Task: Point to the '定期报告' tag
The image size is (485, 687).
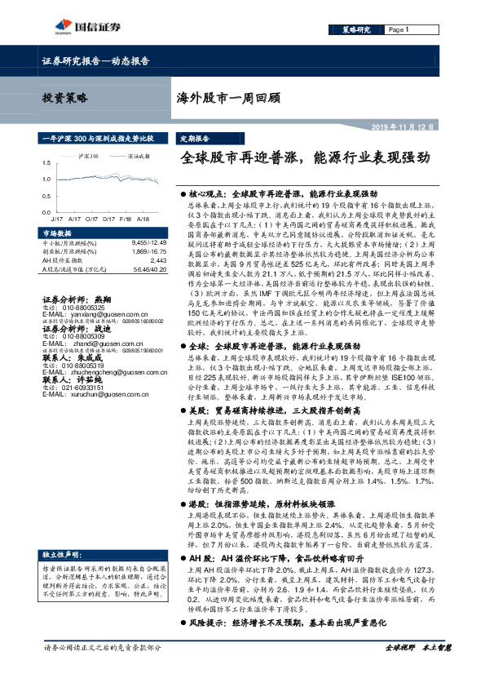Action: tap(194, 139)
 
